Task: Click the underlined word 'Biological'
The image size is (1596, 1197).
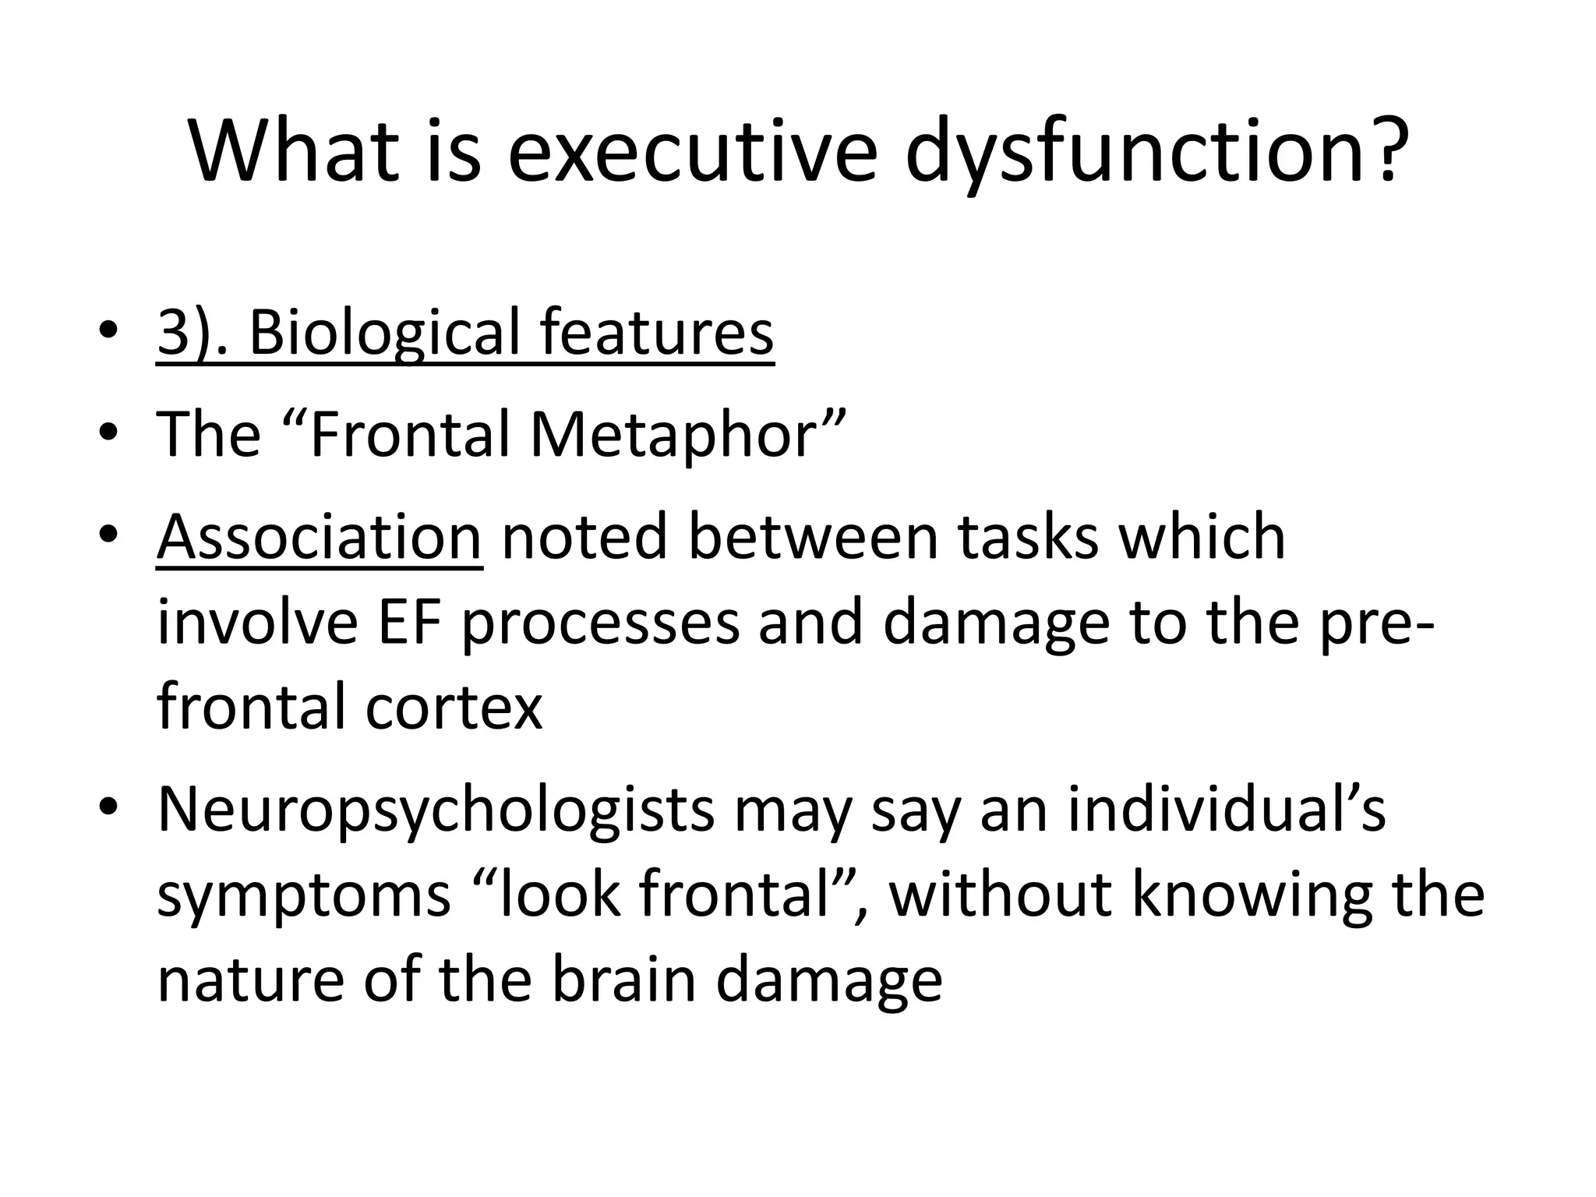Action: pyautogui.click(x=383, y=333)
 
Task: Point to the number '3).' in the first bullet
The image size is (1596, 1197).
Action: pyautogui.click(x=192, y=333)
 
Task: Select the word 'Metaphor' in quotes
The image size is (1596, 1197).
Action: pyautogui.click(x=673, y=434)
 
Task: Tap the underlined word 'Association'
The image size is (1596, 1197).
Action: pyautogui.click(x=320, y=537)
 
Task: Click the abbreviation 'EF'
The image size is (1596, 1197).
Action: pyautogui.click(x=408, y=623)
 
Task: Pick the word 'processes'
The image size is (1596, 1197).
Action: pyautogui.click(x=600, y=623)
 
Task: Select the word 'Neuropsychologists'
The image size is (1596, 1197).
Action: pyautogui.click(x=436, y=810)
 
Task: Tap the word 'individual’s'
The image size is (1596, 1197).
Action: pyautogui.click(x=1226, y=810)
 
